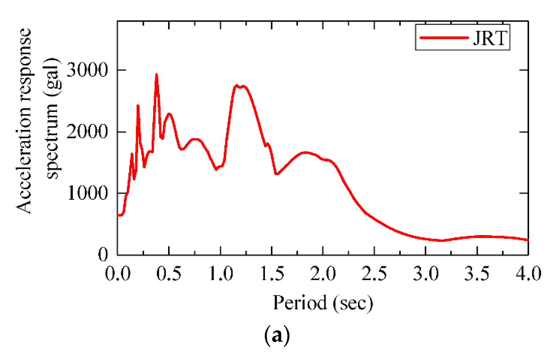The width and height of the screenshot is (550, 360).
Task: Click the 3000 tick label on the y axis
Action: click(x=87, y=70)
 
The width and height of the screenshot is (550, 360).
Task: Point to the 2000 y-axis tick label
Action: click(x=87, y=131)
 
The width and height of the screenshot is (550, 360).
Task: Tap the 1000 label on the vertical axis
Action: click(x=88, y=193)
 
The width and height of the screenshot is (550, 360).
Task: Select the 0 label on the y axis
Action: click(x=103, y=254)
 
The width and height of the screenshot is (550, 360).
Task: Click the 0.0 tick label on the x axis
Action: click(x=118, y=273)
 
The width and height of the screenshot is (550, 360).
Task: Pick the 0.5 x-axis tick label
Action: click(x=169, y=273)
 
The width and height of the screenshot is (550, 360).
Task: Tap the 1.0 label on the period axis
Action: click(x=221, y=273)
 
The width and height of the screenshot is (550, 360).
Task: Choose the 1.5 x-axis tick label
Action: click(x=272, y=273)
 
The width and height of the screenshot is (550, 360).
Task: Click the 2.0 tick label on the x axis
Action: click(x=323, y=273)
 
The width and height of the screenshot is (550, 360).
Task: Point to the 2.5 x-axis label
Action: click(x=374, y=273)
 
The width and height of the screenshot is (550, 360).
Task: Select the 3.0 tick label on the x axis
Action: click(x=426, y=273)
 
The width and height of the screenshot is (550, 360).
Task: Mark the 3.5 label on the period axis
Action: click(x=477, y=273)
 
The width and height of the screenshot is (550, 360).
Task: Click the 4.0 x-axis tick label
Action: click(x=528, y=273)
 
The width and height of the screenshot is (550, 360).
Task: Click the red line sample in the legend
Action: click(x=444, y=38)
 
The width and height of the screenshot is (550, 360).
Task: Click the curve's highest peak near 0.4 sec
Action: click(x=157, y=74)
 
